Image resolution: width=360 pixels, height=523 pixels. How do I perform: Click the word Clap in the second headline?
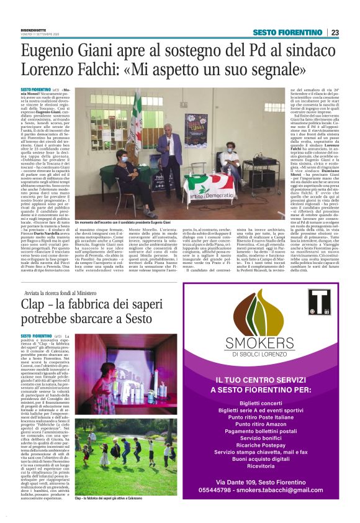coord(34,304)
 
